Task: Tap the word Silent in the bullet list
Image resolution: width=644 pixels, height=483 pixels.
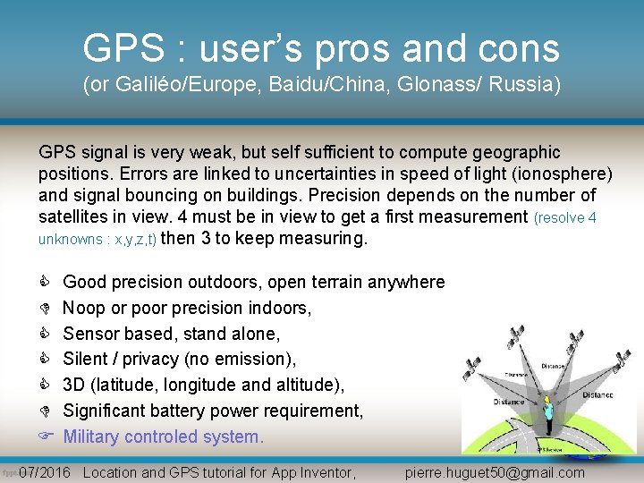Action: pos(88,360)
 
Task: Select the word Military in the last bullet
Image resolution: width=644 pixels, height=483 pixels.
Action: pos(92,437)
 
